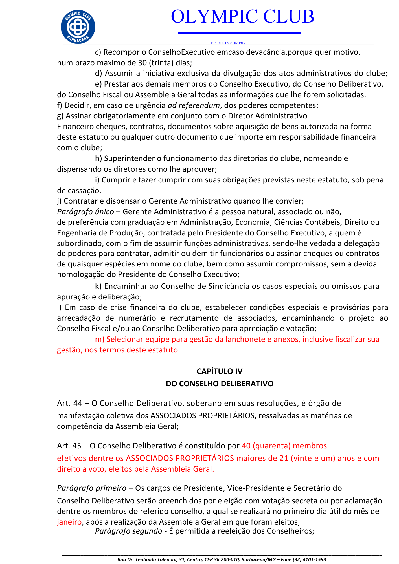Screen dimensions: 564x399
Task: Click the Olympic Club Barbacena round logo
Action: [78, 27]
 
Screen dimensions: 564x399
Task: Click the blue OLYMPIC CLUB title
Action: [242, 16]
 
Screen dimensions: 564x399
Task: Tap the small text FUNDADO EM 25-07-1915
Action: [228, 43]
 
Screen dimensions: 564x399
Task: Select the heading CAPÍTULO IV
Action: [219, 371]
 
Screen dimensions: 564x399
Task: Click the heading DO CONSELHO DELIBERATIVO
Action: [219, 384]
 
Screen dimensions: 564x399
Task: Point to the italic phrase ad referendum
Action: [194, 105]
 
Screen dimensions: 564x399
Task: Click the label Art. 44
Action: [69, 403]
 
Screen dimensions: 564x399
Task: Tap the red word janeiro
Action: [69, 522]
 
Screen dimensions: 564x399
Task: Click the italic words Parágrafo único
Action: [85, 211]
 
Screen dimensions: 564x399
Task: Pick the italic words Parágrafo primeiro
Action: [91, 488]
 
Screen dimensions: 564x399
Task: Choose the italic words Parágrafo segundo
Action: [128, 531]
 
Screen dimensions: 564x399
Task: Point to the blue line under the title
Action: [239, 33]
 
